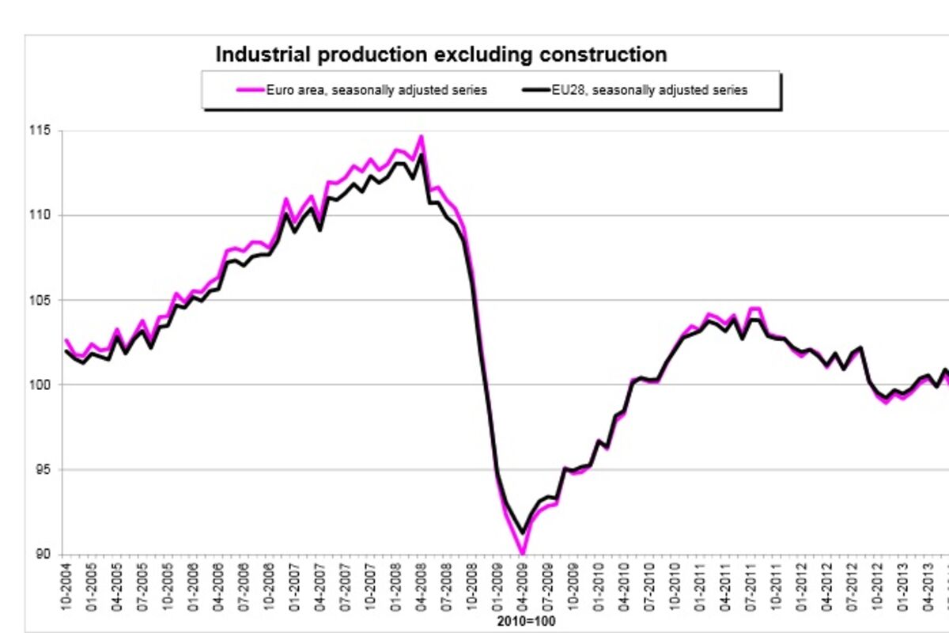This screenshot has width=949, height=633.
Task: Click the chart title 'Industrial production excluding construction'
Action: pyautogui.click(x=441, y=55)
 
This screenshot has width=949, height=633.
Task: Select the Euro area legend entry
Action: pyautogui.click(x=362, y=90)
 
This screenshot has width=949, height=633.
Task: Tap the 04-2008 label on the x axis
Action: pyautogui.click(x=421, y=586)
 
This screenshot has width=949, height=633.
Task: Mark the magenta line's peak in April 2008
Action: pyautogui.click(x=421, y=136)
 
